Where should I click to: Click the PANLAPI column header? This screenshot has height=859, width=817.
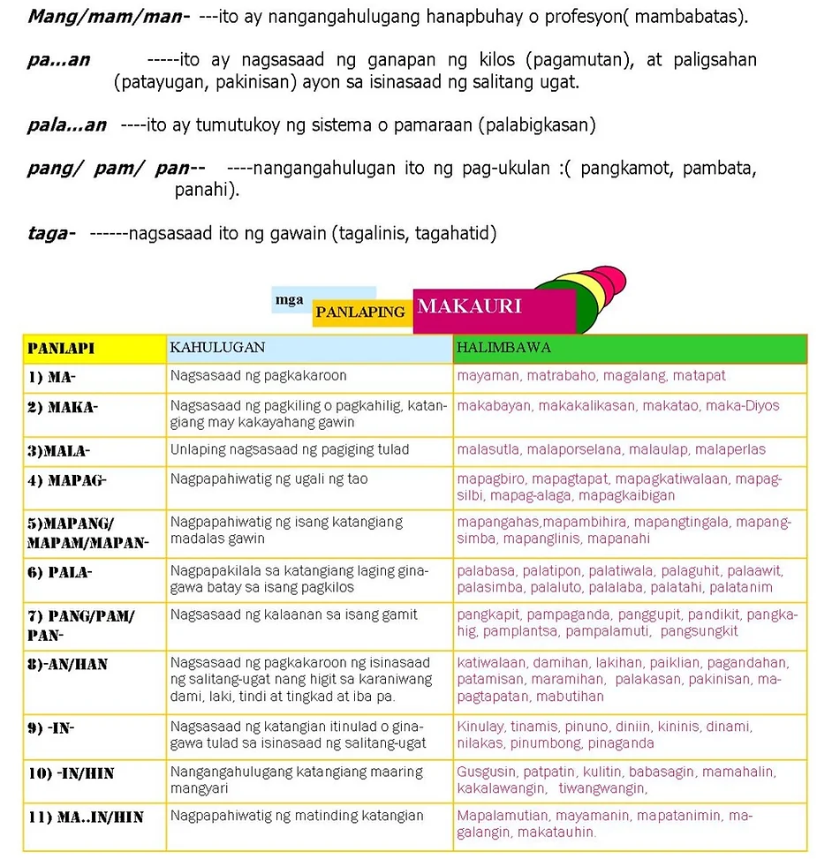click(61, 349)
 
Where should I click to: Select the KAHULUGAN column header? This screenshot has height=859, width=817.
click(217, 348)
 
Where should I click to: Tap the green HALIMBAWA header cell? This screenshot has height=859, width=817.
click(503, 348)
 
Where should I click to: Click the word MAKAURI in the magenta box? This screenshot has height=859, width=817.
click(469, 307)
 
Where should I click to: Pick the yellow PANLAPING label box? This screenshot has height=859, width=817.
click(360, 312)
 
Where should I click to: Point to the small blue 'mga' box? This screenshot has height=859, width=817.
click(290, 300)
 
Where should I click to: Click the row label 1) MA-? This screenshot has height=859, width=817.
click(52, 377)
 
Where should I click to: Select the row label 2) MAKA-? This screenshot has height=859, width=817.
click(63, 407)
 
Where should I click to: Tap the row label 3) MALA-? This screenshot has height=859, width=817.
click(58, 450)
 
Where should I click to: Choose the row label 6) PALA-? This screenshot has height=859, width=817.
click(60, 572)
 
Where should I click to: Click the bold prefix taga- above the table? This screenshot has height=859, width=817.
click(50, 234)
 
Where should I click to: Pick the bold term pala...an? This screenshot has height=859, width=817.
click(67, 125)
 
